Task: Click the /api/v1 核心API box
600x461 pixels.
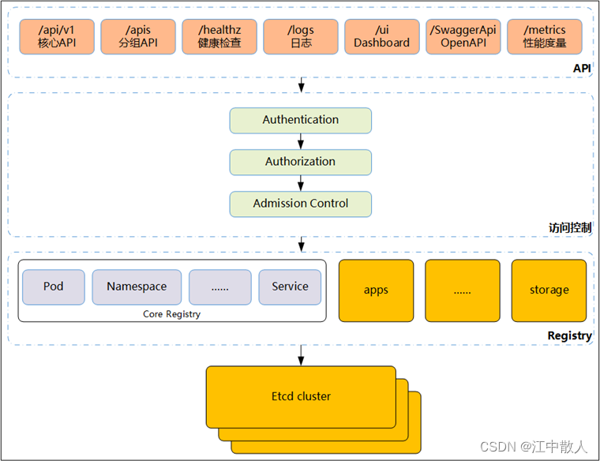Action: click(57, 36)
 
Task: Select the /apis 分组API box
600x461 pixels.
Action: click(138, 36)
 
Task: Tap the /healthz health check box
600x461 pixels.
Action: click(219, 36)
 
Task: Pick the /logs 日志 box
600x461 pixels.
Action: click(300, 36)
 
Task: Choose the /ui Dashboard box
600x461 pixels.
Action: click(381, 36)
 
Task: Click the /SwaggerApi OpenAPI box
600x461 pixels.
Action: click(463, 36)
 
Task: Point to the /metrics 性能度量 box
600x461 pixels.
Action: click(545, 36)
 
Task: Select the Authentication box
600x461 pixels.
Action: click(301, 120)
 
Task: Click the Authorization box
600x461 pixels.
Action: click(301, 162)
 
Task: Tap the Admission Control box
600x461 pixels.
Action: click(301, 204)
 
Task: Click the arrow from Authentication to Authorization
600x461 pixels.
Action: click(301, 141)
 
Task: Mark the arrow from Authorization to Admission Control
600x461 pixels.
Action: click(301, 183)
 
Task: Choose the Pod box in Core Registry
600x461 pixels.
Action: click(54, 287)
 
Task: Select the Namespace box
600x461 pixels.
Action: click(137, 287)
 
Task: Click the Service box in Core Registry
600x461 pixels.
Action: click(290, 287)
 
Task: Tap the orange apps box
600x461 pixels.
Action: click(376, 290)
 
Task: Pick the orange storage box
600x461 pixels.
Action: click(549, 290)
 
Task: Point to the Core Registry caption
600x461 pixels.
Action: click(171, 314)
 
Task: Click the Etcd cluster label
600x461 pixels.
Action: click(301, 395)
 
